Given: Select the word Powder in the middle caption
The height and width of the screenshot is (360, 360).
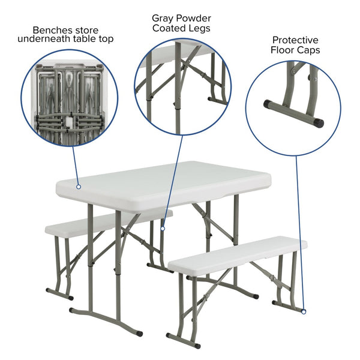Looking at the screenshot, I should click(x=191, y=18).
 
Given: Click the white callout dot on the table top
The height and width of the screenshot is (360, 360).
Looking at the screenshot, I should click(x=78, y=187).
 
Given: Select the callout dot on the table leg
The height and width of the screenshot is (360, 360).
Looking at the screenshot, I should click(x=162, y=228).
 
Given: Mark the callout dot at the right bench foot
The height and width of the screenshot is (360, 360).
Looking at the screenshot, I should click(x=304, y=311).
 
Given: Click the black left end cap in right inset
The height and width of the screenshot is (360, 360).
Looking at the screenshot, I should click(x=268, y=104).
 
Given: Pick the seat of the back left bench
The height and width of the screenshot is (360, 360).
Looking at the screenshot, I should click(x=72, y=226).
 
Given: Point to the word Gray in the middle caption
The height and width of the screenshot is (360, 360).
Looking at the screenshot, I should click(x=164, y=18).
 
